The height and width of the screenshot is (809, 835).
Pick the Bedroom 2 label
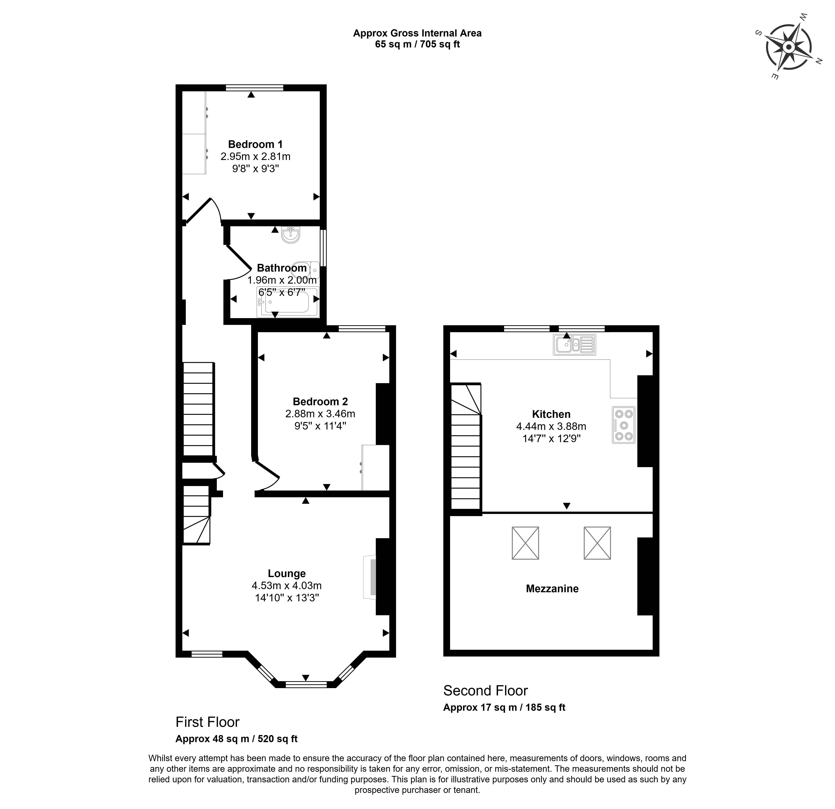[x=320, y=402]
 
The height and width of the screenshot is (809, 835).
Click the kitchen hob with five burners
[x=624, y=425]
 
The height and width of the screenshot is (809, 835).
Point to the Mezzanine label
[x=552, y=589]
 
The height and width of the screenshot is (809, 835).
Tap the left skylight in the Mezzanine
[x=525, y=543]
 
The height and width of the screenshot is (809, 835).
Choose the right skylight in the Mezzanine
[x=597, y=543]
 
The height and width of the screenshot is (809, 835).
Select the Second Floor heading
[x=486, y=690]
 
